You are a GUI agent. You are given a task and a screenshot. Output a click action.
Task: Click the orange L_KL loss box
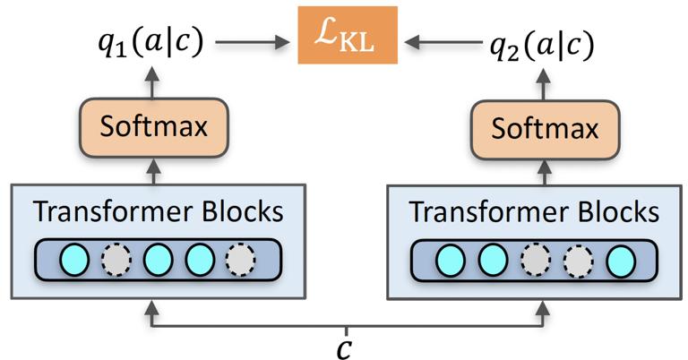(x=348, y=39)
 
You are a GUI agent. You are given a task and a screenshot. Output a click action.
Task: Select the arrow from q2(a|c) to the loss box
(x=440, y=40)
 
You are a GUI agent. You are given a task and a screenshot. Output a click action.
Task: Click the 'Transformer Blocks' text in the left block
(x=158, y=211)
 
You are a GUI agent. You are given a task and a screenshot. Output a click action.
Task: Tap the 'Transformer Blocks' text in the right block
(x=534, y=212)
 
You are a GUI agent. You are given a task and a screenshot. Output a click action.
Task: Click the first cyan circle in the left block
(x=74, y=259)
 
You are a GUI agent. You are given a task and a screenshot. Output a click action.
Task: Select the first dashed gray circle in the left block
(x=116, y=259)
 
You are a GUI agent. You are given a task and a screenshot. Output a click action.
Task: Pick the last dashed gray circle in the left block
(x=239, y=259)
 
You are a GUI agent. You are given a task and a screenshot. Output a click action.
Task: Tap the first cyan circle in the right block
(x=451, y=260)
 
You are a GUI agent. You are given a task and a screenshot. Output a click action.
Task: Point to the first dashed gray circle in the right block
(x=534, y=260)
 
